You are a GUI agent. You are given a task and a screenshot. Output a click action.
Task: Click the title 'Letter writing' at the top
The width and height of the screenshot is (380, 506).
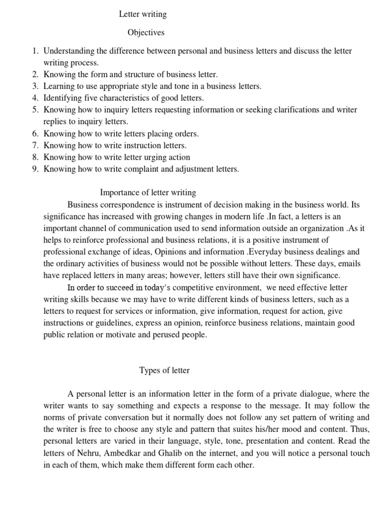(x=142, y=14)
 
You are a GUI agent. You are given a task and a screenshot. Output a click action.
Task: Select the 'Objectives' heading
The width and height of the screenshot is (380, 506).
(x=146, y=33)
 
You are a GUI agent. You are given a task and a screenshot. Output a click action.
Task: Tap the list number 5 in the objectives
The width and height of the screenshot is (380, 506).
(x=35, y=110)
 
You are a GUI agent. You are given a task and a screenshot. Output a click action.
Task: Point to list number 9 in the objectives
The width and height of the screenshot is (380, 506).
(x=35, y=169)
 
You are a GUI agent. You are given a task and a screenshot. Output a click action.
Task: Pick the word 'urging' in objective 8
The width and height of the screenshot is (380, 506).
(x=145, y=157)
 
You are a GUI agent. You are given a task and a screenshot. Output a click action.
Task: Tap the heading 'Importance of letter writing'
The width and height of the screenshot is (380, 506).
(x=148, y=192)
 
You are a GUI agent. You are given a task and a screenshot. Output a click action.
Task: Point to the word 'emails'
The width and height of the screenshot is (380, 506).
(x=344, y=263)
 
